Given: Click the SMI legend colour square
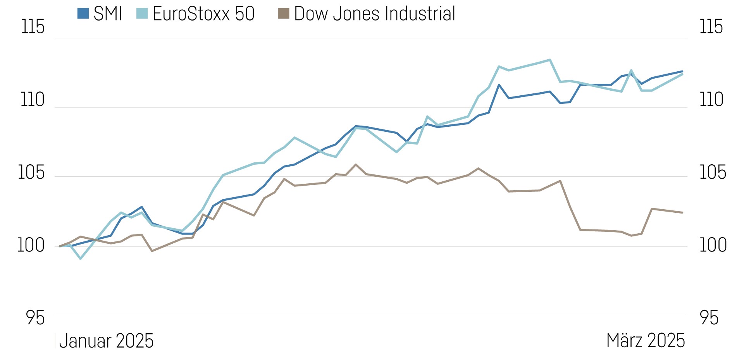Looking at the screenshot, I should [x=83, y=14].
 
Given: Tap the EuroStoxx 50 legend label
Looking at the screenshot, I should [x=203, y=14].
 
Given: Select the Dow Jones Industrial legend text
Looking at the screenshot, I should [x=374, y=14].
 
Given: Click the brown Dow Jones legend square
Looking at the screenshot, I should [x=284, y=14].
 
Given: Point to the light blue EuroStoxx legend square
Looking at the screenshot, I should [x=142, y=14].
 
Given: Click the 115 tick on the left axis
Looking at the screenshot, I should [x=33, y=27].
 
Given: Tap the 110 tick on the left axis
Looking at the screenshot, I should [x=33, y=100].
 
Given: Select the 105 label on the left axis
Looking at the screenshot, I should [x=32, y=172].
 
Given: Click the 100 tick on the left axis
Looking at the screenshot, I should [x=31, y=245].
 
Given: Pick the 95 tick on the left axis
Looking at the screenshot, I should [x=35, y=318].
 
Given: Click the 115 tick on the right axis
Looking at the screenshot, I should [x=711, y=27].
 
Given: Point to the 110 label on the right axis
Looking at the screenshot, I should [x=711, y=100].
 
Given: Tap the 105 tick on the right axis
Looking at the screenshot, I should [x=712, y=172].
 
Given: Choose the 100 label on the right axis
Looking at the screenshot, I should [x=713, y=245].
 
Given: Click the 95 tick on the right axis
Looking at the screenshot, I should [x=709, y=318].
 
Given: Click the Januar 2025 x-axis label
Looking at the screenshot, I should [x=106, y=341].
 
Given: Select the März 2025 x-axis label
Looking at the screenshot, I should [x=646, y=341].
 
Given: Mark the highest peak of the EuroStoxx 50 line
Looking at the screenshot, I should [x=550, y=60].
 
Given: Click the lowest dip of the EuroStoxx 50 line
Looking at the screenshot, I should [x=80, y=258].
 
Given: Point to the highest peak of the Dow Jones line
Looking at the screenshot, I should [x=356, y=164].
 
